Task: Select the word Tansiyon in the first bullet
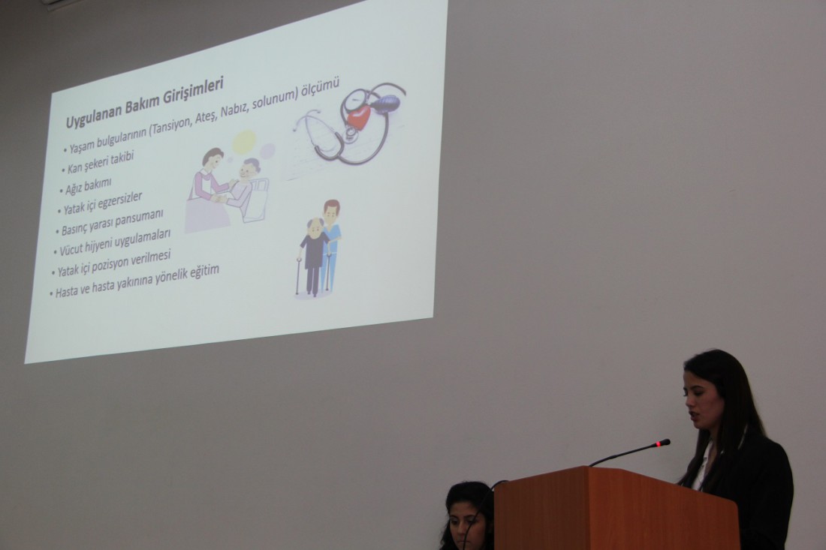[171, 125]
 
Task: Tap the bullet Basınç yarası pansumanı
[112, 224]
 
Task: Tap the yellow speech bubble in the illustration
[244, 142]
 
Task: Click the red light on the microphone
[659, 445]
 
